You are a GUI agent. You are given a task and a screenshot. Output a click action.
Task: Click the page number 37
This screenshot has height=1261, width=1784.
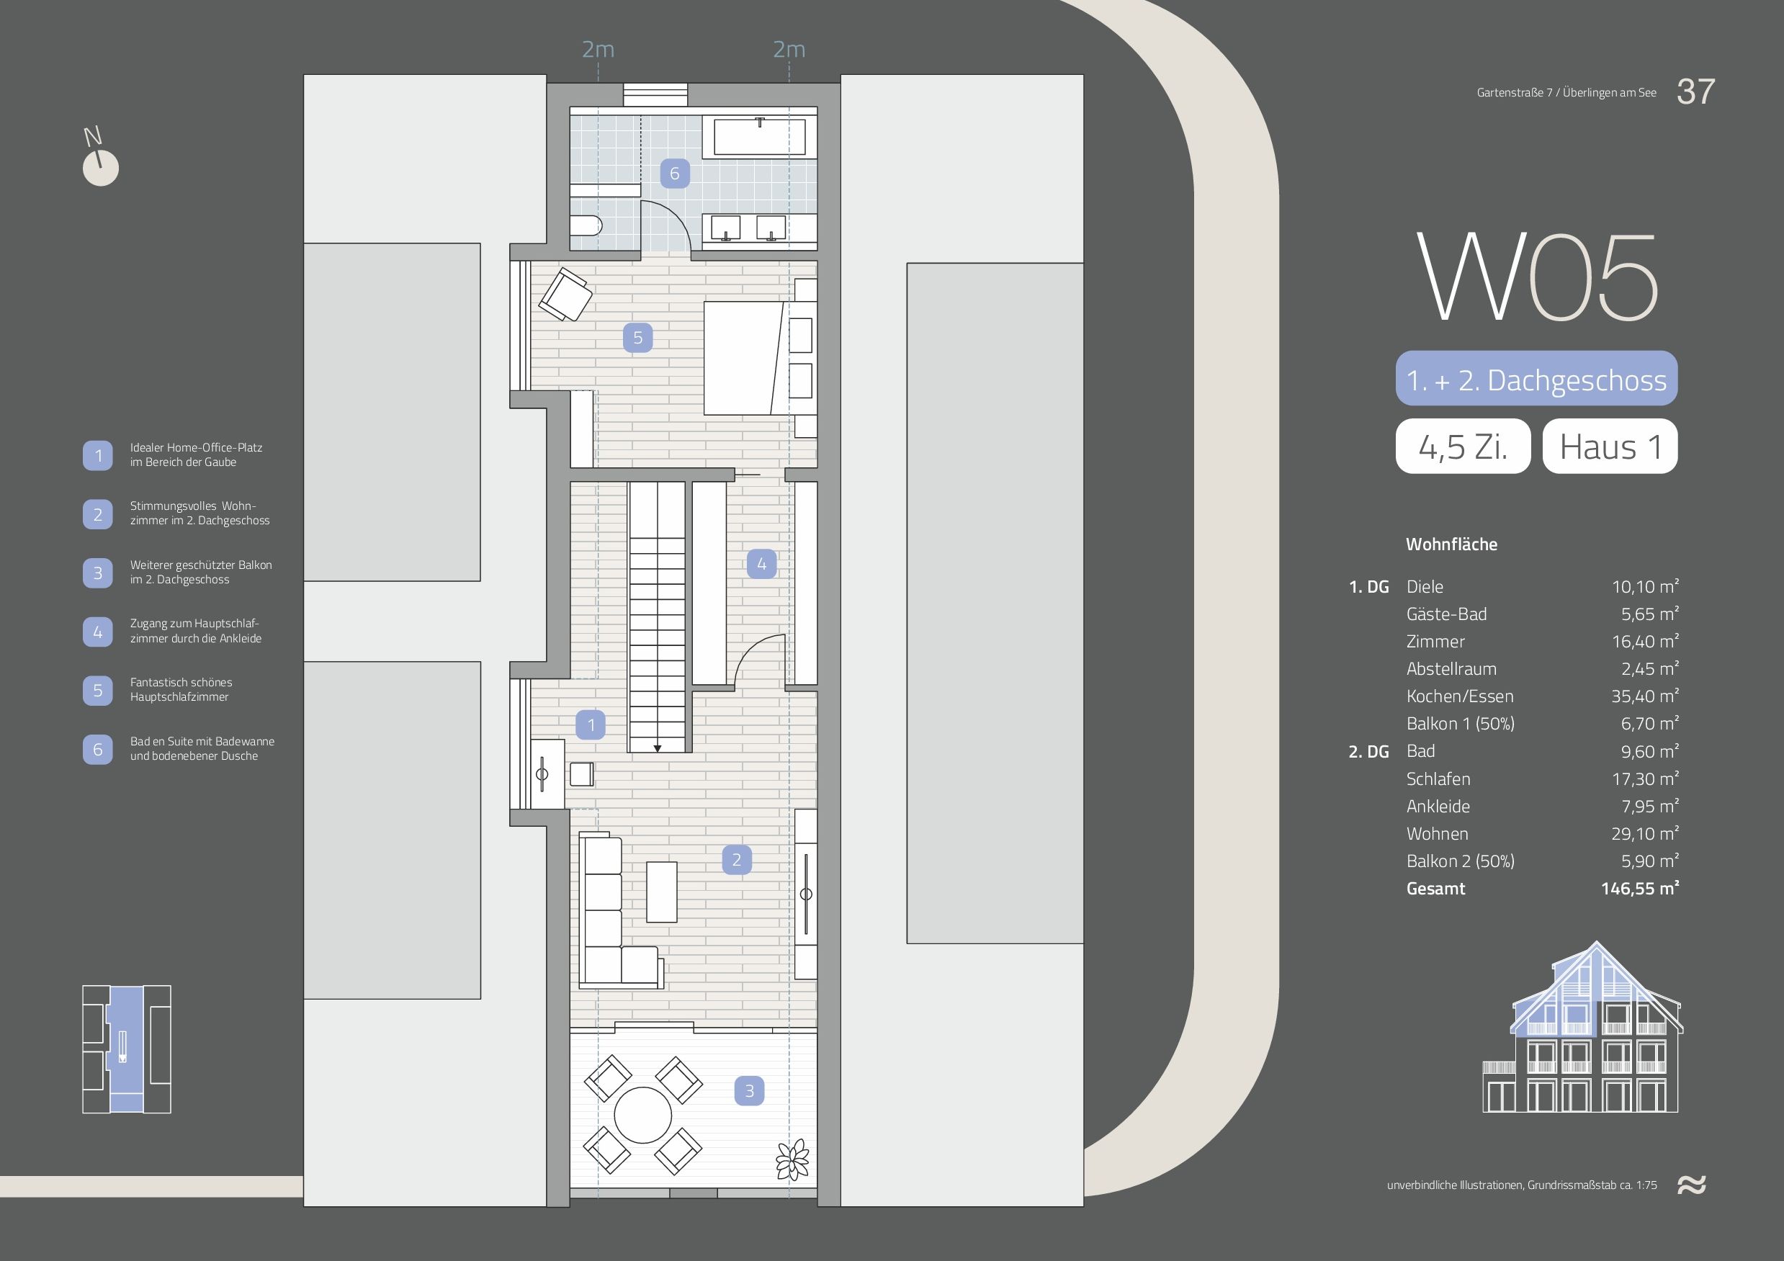[x=1695, y=91]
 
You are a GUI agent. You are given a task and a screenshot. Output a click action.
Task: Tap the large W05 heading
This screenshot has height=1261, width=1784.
[x=1537, y=277]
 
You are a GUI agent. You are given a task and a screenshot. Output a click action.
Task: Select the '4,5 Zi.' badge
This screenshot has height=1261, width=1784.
[x=1463, y=446]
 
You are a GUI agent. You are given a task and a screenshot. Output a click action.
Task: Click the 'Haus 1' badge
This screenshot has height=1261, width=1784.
[x=1610, y=446]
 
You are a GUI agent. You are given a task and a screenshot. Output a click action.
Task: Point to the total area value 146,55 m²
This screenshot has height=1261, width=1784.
[x=1639, y=888]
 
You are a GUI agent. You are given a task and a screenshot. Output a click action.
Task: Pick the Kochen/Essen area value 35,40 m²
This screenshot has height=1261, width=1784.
[x=1645, y=696]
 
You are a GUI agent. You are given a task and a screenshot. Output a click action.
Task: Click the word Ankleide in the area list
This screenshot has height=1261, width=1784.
[x=1438, y=807]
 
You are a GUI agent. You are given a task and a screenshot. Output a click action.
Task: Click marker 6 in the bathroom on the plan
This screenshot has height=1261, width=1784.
[x=674, y=174]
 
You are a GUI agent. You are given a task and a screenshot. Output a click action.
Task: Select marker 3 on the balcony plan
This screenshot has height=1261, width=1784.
[x=749, y=1091]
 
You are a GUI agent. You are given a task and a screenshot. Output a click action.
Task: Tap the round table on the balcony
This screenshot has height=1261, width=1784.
[x=642, y=1116]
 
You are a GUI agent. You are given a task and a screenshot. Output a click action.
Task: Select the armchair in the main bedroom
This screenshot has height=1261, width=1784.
[x=565, y=294]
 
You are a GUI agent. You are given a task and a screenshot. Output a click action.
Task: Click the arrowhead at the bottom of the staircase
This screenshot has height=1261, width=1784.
[x=658, y=749]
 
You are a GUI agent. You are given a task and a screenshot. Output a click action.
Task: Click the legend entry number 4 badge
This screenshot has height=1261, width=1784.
[x=98, y=632]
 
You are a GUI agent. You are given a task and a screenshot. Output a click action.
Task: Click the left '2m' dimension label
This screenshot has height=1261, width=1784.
[x=599, y=50]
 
